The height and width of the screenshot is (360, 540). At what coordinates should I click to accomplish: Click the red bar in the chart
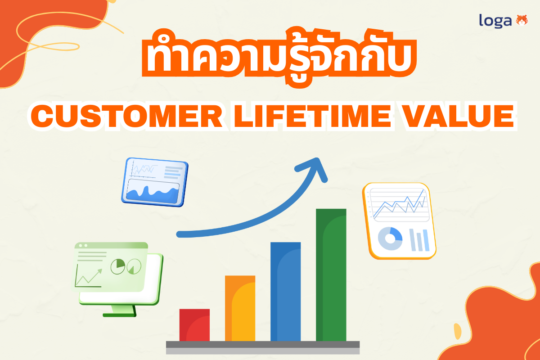click(194, 325)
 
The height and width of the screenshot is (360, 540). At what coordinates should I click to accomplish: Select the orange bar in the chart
click(240, 308)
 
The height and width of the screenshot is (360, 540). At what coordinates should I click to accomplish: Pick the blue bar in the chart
click(285, 292)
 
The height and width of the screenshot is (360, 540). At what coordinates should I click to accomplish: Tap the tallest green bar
click(331, 274)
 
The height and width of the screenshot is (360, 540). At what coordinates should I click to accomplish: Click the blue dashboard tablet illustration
click(154, 182)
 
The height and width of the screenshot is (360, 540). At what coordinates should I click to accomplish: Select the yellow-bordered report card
click(399, 220)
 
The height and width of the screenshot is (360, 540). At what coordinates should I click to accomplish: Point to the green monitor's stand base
click(119, 314)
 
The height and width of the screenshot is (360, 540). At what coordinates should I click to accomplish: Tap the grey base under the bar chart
click(263, 345)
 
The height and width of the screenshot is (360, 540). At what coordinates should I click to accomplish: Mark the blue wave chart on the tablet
click(153, 192)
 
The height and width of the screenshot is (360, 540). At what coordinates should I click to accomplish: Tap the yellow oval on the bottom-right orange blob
click(457, 331)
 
